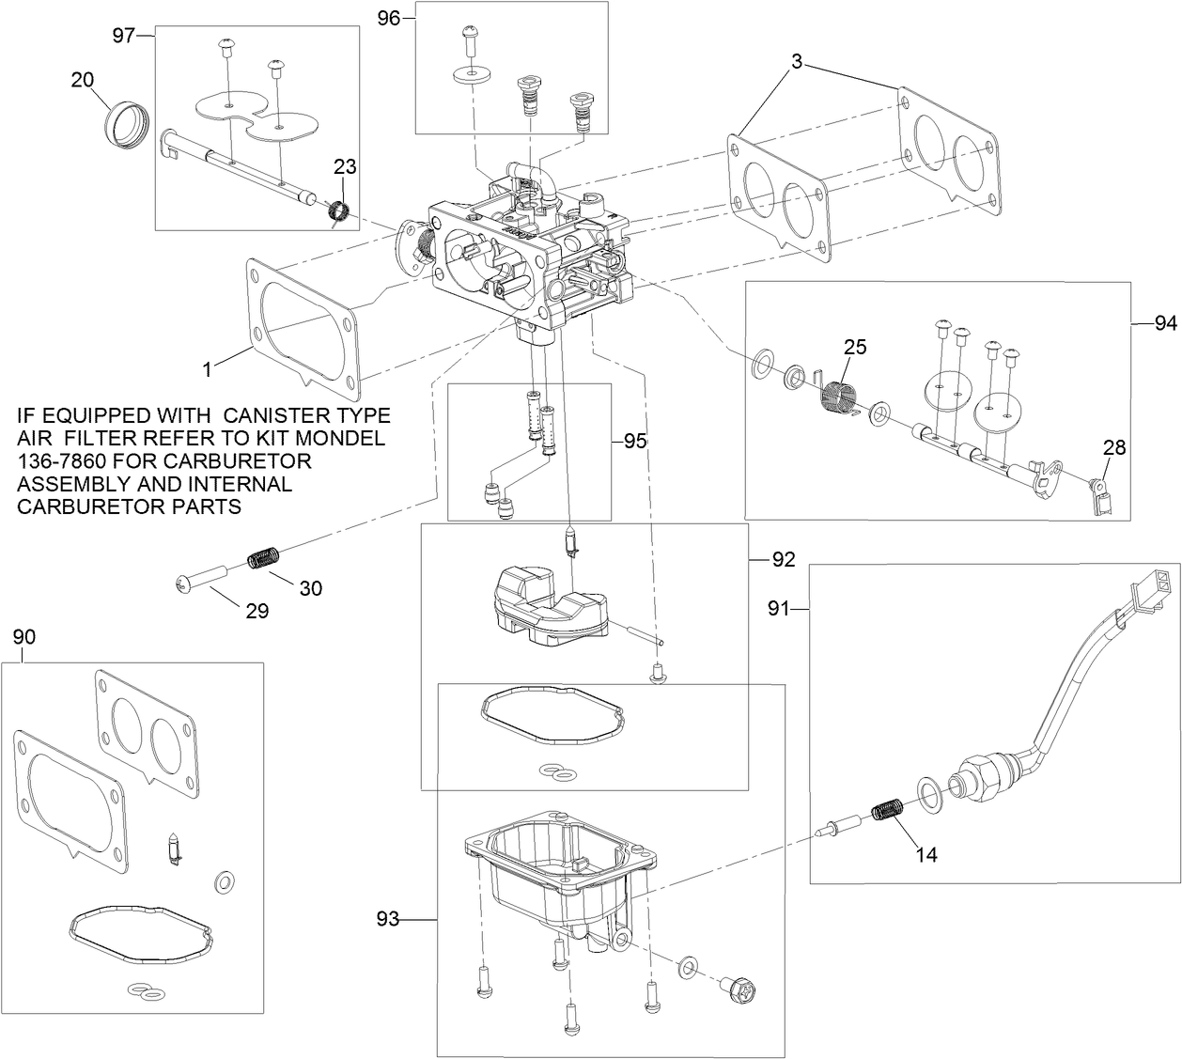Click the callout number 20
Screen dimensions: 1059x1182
point(83,80)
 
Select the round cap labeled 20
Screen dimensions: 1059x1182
point(124,124)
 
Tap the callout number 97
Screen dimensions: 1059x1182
point(124,35)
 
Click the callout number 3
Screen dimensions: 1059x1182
point(796,63)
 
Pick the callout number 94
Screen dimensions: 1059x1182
point(1165,323)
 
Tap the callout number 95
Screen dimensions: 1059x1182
point(635,440)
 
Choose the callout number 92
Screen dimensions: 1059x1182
point(783,560)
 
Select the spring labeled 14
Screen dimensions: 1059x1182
point(889,809)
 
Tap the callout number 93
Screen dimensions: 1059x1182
point(387,919)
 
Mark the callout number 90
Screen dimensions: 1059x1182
point(24,637)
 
